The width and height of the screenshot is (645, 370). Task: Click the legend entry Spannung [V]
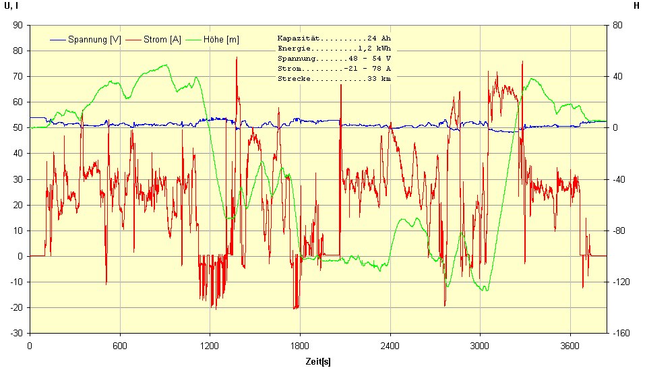pyautogui.click(x=94, y=40)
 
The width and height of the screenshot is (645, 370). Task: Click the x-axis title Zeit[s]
pyautogui.click(x=317, y=361)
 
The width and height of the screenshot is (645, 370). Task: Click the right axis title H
pyautogui.click(x=636, y=6)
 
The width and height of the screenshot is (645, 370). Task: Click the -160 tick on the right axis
pyautogui.click(x=622, y=333)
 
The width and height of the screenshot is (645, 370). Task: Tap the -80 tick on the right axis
pyautogui.click(x=620, y=230)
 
